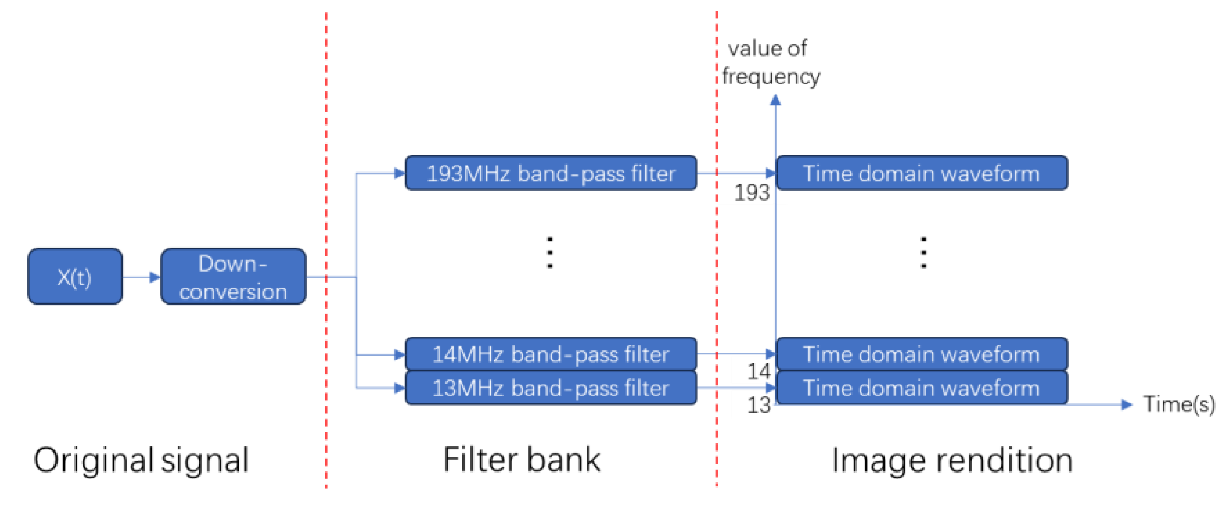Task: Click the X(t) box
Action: (x=75, y=276)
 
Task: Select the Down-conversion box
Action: (x=233, y=276)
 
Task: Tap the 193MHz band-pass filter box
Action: (x=551, y=173)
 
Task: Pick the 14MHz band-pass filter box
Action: (x=551, y=354)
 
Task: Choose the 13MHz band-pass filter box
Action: (x=551, y=388)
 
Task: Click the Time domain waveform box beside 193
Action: (x=921, y=173)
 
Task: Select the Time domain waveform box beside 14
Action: (x=921, y=354)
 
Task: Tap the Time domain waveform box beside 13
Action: (x=921, y=388)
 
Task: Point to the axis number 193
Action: (x=751, y=193)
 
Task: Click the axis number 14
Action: (x=759, y=372)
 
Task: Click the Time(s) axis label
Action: (x=1179, y=404)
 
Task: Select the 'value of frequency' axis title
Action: (x=770, y=63)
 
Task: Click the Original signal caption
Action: (x=141, y=461)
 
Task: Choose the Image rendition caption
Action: (x=952, y=461)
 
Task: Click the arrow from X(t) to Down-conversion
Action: (x=142, y=277)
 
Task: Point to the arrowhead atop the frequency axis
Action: (x=775, y=100)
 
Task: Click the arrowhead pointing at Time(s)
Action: (x=1127, y=404)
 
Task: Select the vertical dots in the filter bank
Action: (x=550, y=252)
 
